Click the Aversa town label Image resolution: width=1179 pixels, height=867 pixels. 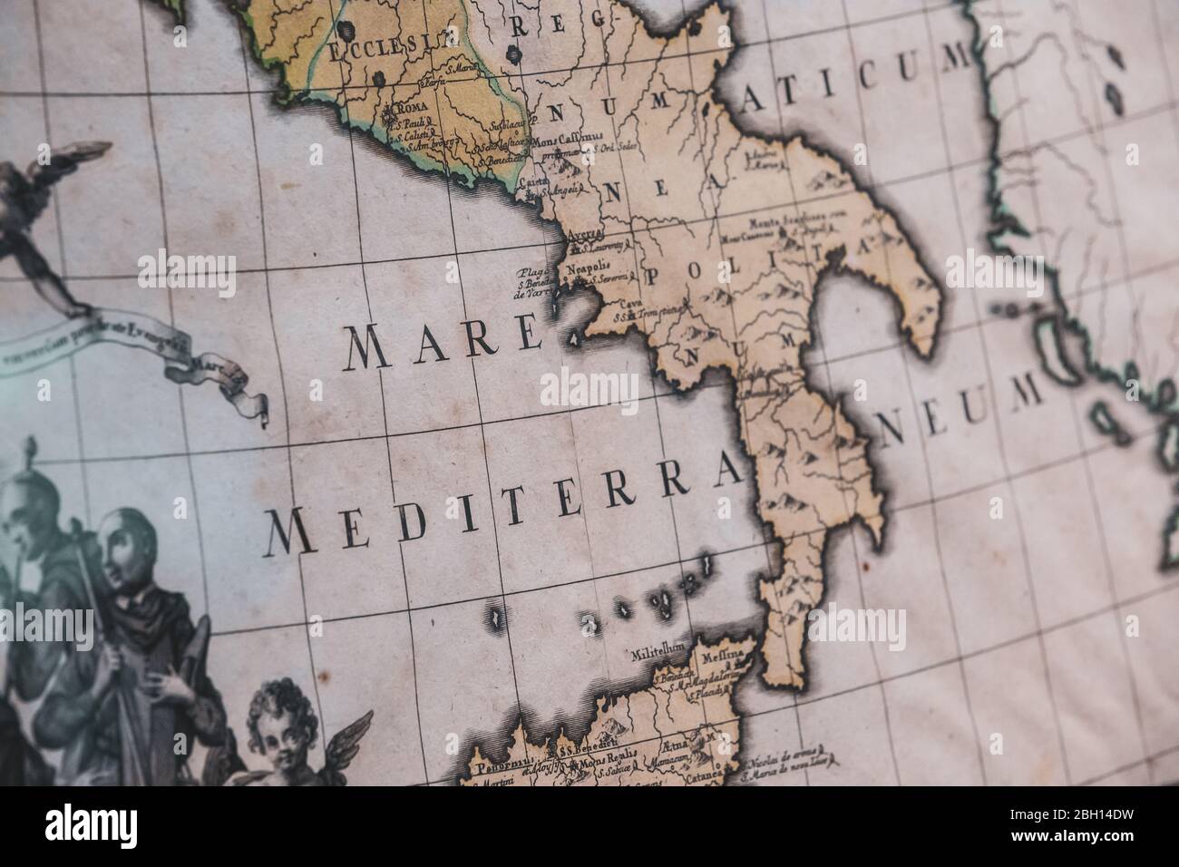[x=584, y=234]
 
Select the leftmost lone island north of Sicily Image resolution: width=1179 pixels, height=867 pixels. [x=495, y=617]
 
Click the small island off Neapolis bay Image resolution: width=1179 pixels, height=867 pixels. [x=575, y=339]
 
